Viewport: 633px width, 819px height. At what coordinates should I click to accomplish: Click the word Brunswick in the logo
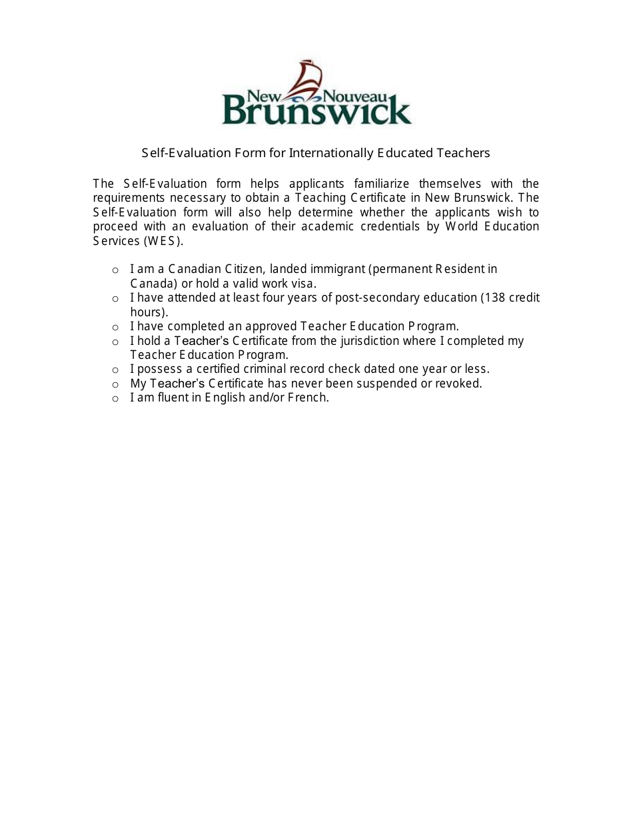tap(316, 110)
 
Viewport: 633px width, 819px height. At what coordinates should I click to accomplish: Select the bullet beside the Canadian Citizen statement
tap(115, 270)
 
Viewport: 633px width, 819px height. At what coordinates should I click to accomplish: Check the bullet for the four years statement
tap(115, 299)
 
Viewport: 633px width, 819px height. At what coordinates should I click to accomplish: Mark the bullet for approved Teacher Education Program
tap(115, 328)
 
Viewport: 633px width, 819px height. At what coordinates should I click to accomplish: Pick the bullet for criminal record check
tap(115, 370)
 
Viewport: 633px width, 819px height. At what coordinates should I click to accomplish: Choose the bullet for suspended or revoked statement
tap(115, 385)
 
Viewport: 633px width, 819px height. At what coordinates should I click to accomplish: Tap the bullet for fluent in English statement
tap(115, 399)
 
